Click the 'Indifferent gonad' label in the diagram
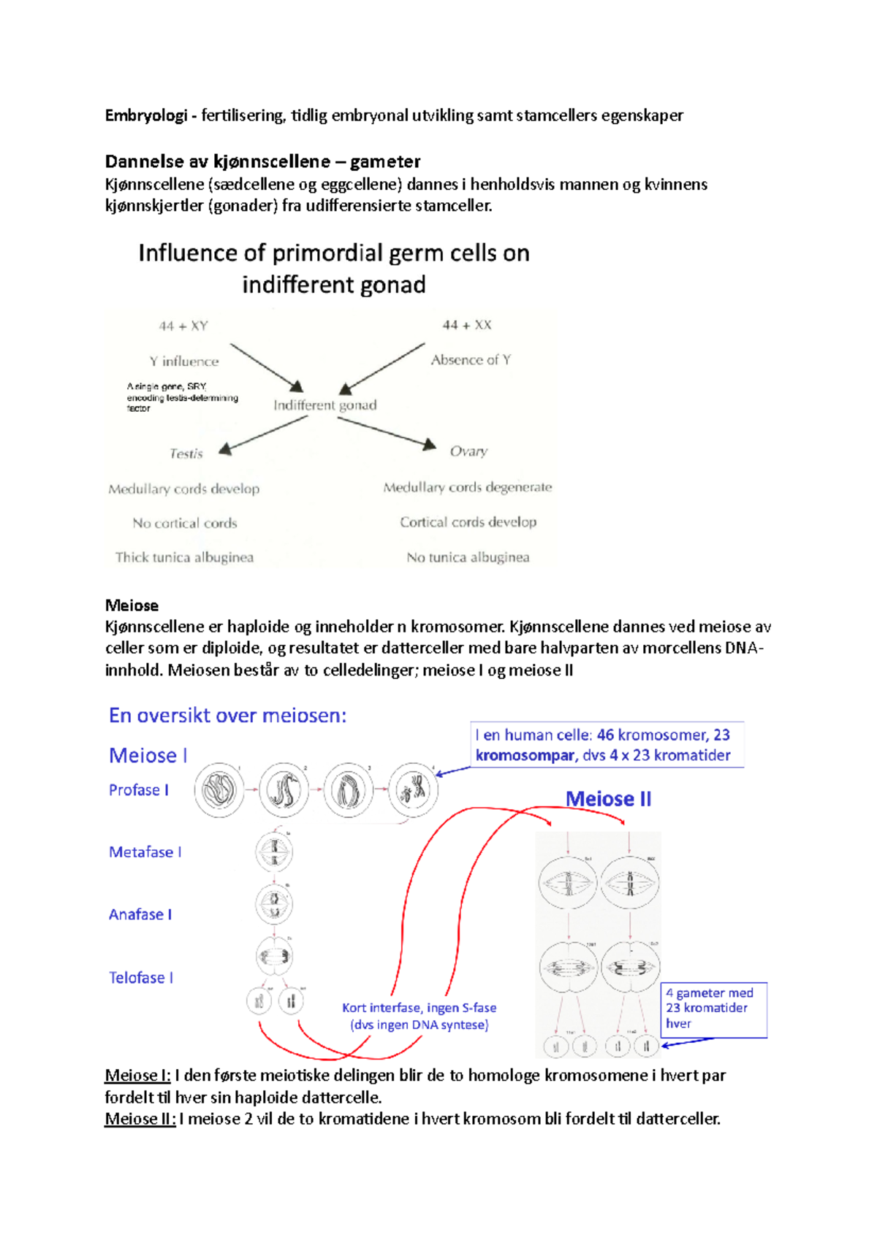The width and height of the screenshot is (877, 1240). (325, 405)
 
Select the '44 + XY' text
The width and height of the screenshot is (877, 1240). (183, 326)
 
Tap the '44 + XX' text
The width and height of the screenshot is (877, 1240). (467, 325)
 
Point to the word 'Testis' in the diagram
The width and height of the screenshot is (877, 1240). (186, 453)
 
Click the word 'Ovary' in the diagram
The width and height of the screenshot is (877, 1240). (468, 451)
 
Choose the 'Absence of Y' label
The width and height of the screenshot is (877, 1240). (471, 360)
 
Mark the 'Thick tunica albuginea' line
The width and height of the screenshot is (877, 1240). (184, 557)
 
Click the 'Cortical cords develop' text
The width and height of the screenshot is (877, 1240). (468, 522)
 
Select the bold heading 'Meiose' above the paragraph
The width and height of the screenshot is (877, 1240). (132, 605)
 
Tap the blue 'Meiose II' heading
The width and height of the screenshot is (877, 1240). (608, 799)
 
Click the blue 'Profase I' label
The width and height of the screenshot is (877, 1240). (139, 790)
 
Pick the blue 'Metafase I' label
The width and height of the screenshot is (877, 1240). (145, 852)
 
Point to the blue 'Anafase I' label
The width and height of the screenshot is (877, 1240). (140, 914)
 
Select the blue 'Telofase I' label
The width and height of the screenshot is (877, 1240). (141, 978)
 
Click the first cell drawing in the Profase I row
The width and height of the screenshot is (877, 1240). (219, 789)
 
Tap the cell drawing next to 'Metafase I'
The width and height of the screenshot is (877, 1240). (275, 851)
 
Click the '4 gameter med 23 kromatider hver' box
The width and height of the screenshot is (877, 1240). (714, 1009)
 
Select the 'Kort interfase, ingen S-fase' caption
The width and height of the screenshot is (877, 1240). (419, 1008)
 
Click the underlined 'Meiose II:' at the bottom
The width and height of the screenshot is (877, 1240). (140, 1119)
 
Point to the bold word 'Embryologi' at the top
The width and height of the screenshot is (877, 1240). (146, 115)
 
